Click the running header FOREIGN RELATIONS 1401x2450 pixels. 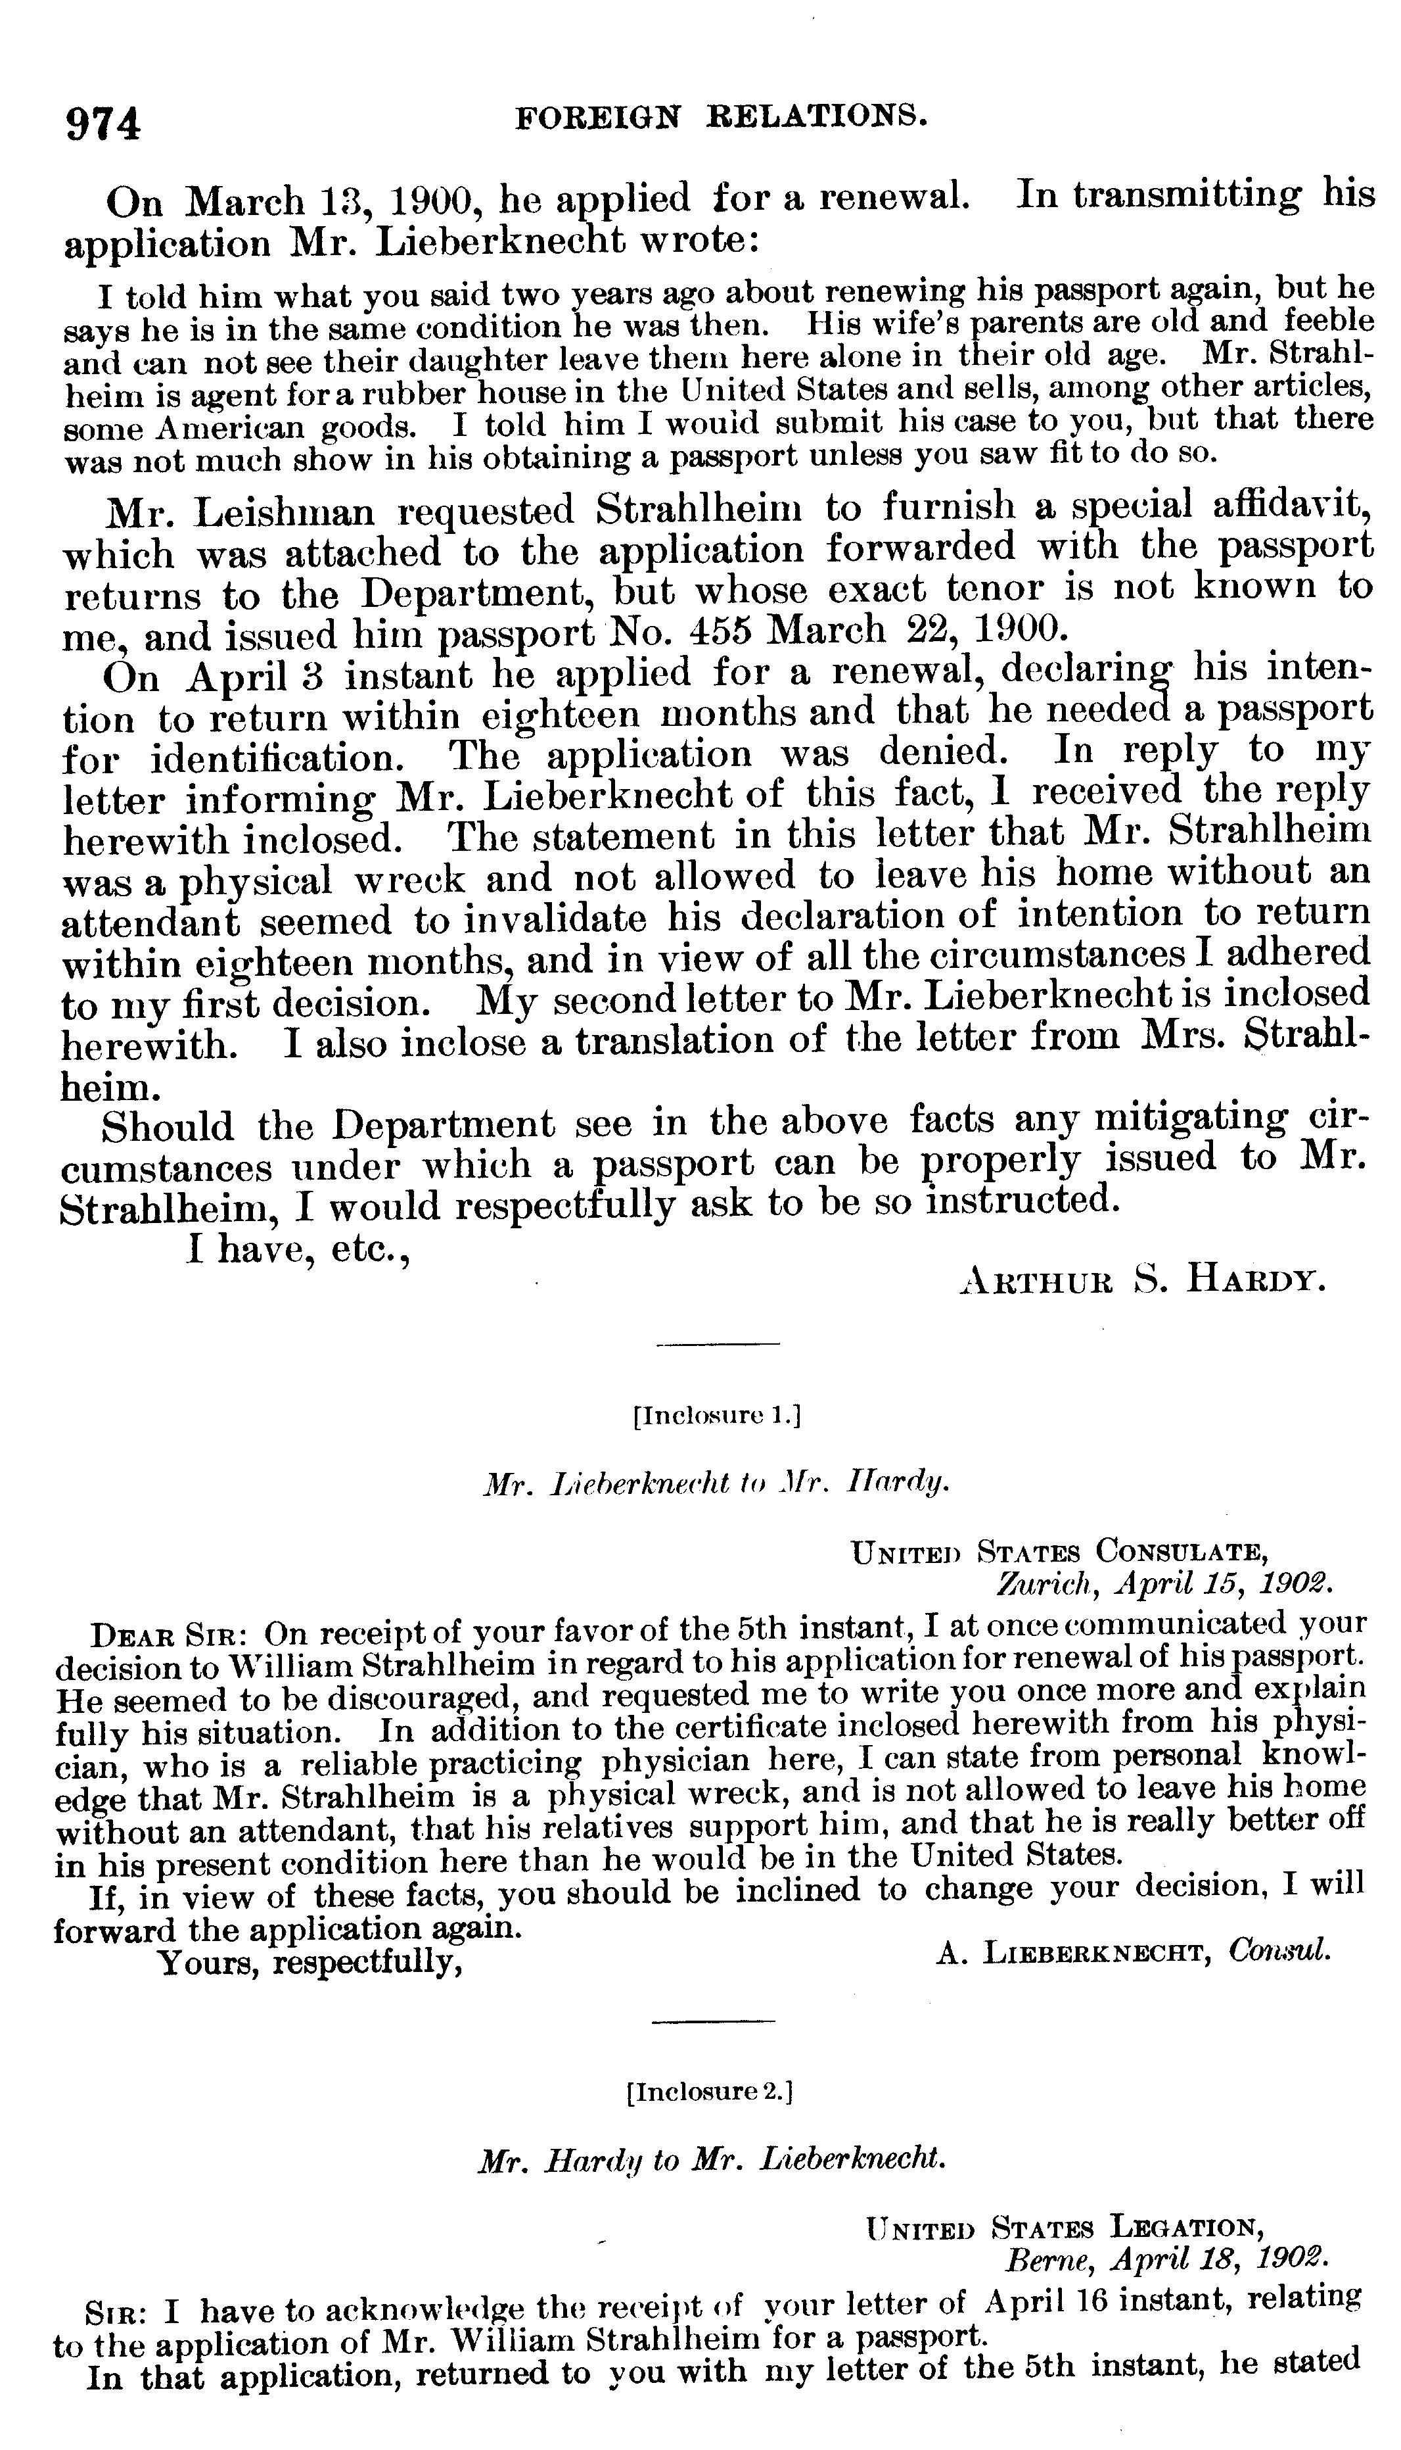(x=722, y=118)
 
